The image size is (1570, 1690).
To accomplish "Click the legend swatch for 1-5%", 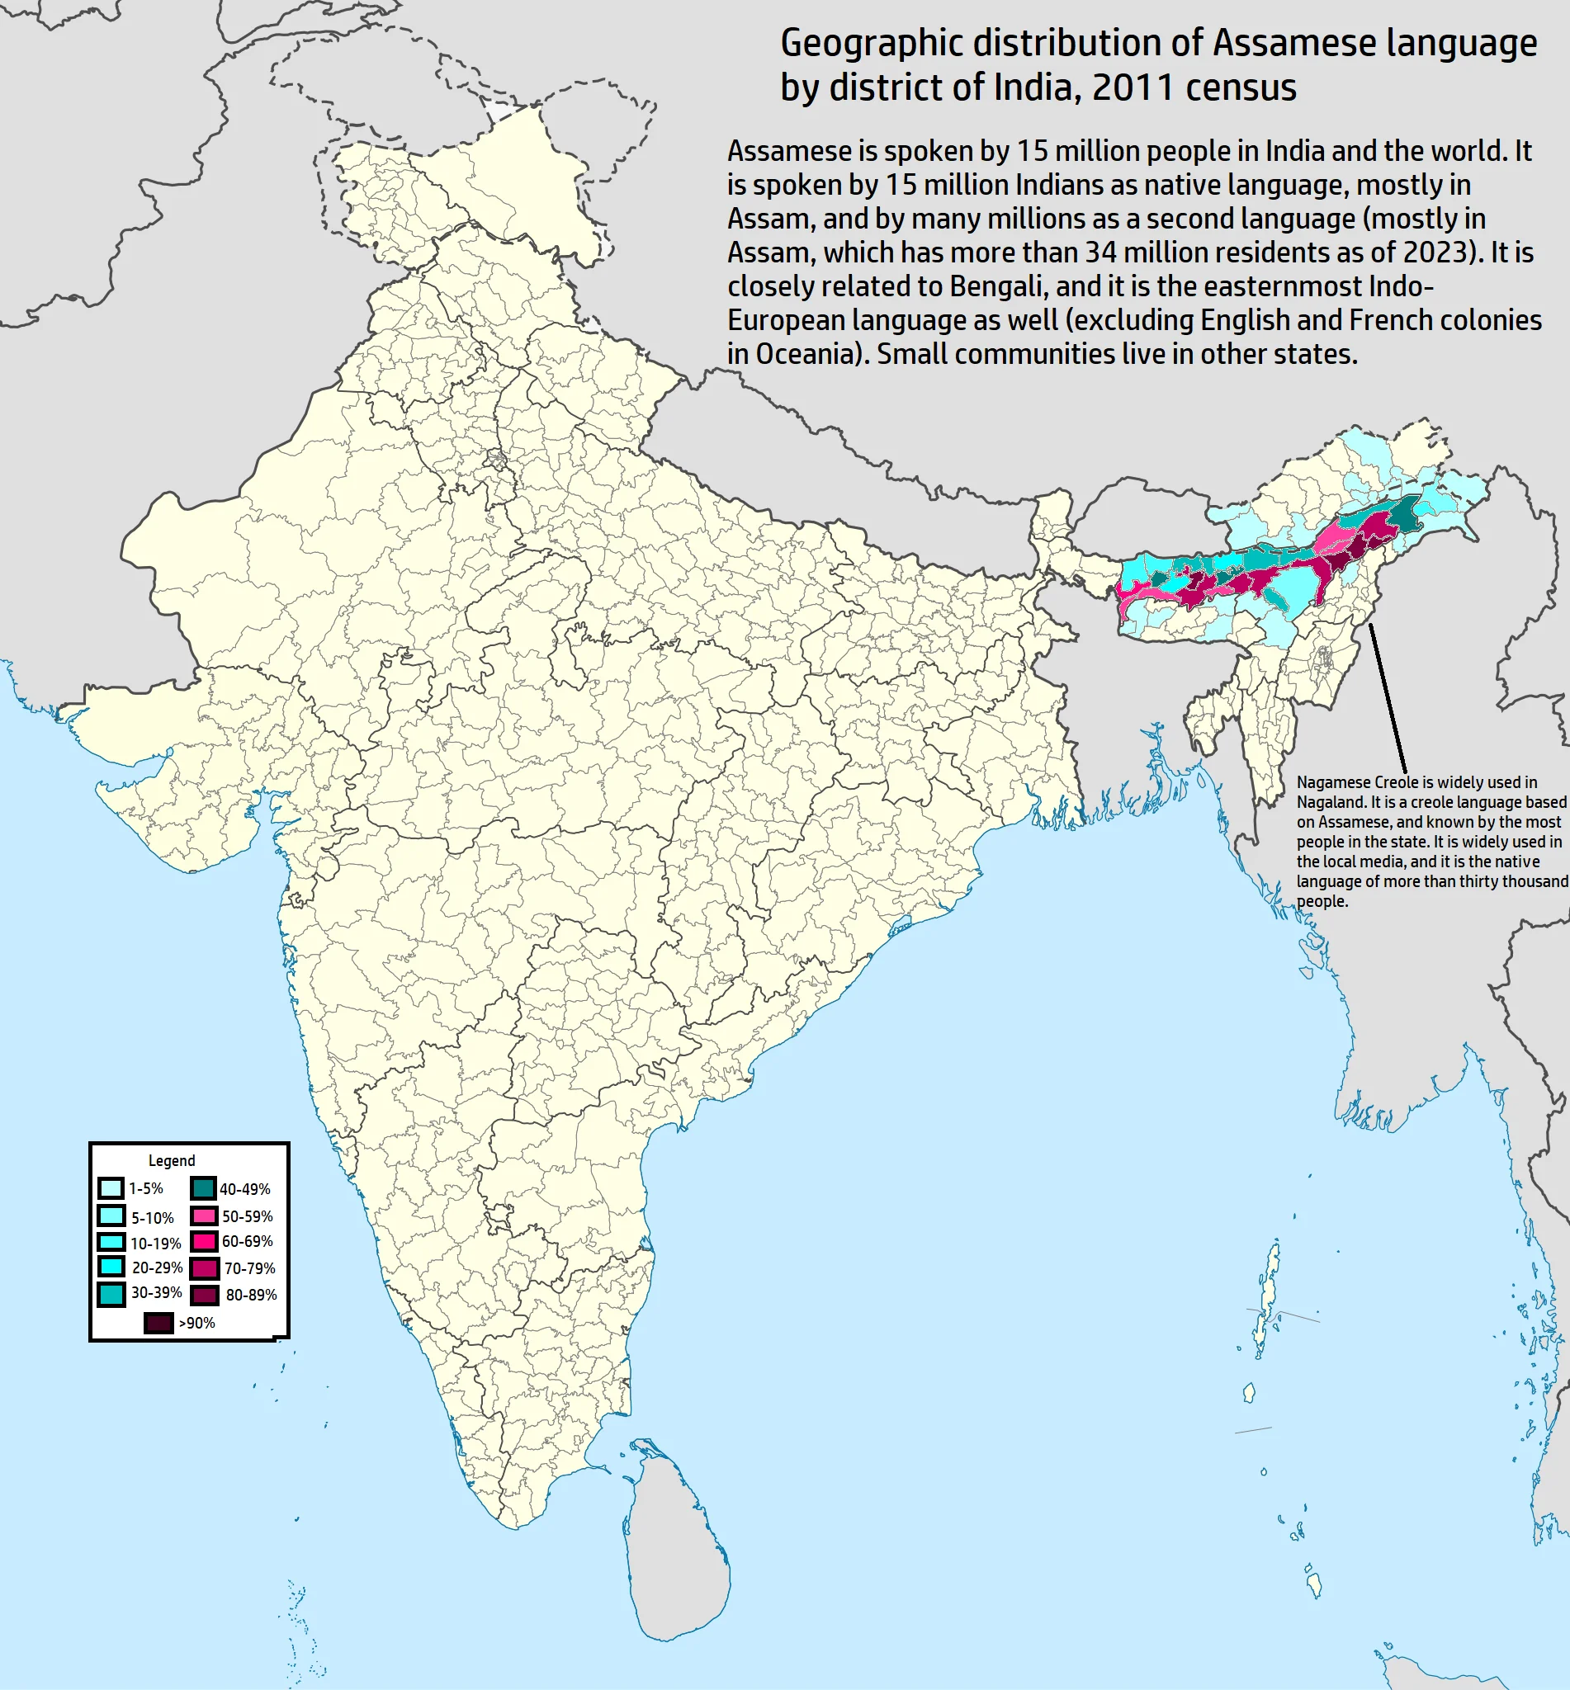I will pyautogui.click(x=111, y=1188).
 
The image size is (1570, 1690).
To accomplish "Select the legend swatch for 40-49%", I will pyautogui.click(x=203, y=1188).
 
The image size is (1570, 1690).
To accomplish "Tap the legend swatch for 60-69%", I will pyautogui.click(x=204, y=1242).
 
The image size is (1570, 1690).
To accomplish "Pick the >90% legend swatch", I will pyautogui.click(x=158, y=1322).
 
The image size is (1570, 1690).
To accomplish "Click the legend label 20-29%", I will pyautogui.click(x=157, y=1267).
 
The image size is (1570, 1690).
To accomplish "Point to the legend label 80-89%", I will pyautogui.click(x=251, y=1295).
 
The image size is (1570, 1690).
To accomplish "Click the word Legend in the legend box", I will pyautogui.click(x=172, y=1160).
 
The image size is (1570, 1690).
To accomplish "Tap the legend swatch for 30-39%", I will pyautogui.click(x=111, y=1293).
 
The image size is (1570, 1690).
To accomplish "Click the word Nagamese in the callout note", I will pyautogui.click(x=1332, y=782).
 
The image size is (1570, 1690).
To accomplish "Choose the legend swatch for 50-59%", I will pyautogui.click(x=204, y=1216).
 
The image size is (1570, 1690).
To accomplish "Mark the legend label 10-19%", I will pyautogui.click(x=155, y=1244).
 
